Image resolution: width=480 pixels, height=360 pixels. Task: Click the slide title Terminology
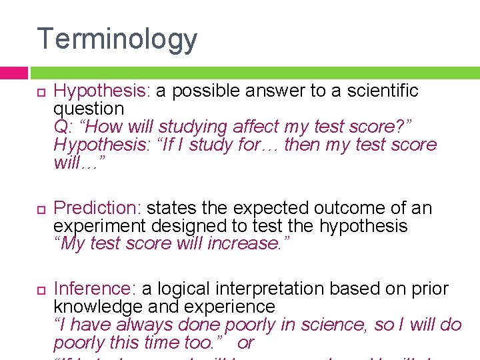117,39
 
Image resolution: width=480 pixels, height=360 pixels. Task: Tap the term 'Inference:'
95,289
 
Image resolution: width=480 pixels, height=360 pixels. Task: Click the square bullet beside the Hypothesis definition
39,92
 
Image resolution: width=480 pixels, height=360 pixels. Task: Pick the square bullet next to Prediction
39,209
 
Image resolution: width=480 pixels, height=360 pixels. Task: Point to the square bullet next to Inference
39,289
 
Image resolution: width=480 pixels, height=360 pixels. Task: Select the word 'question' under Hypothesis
89,109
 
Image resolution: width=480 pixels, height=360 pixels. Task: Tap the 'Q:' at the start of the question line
63,127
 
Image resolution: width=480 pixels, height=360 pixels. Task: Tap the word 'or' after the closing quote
246,343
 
